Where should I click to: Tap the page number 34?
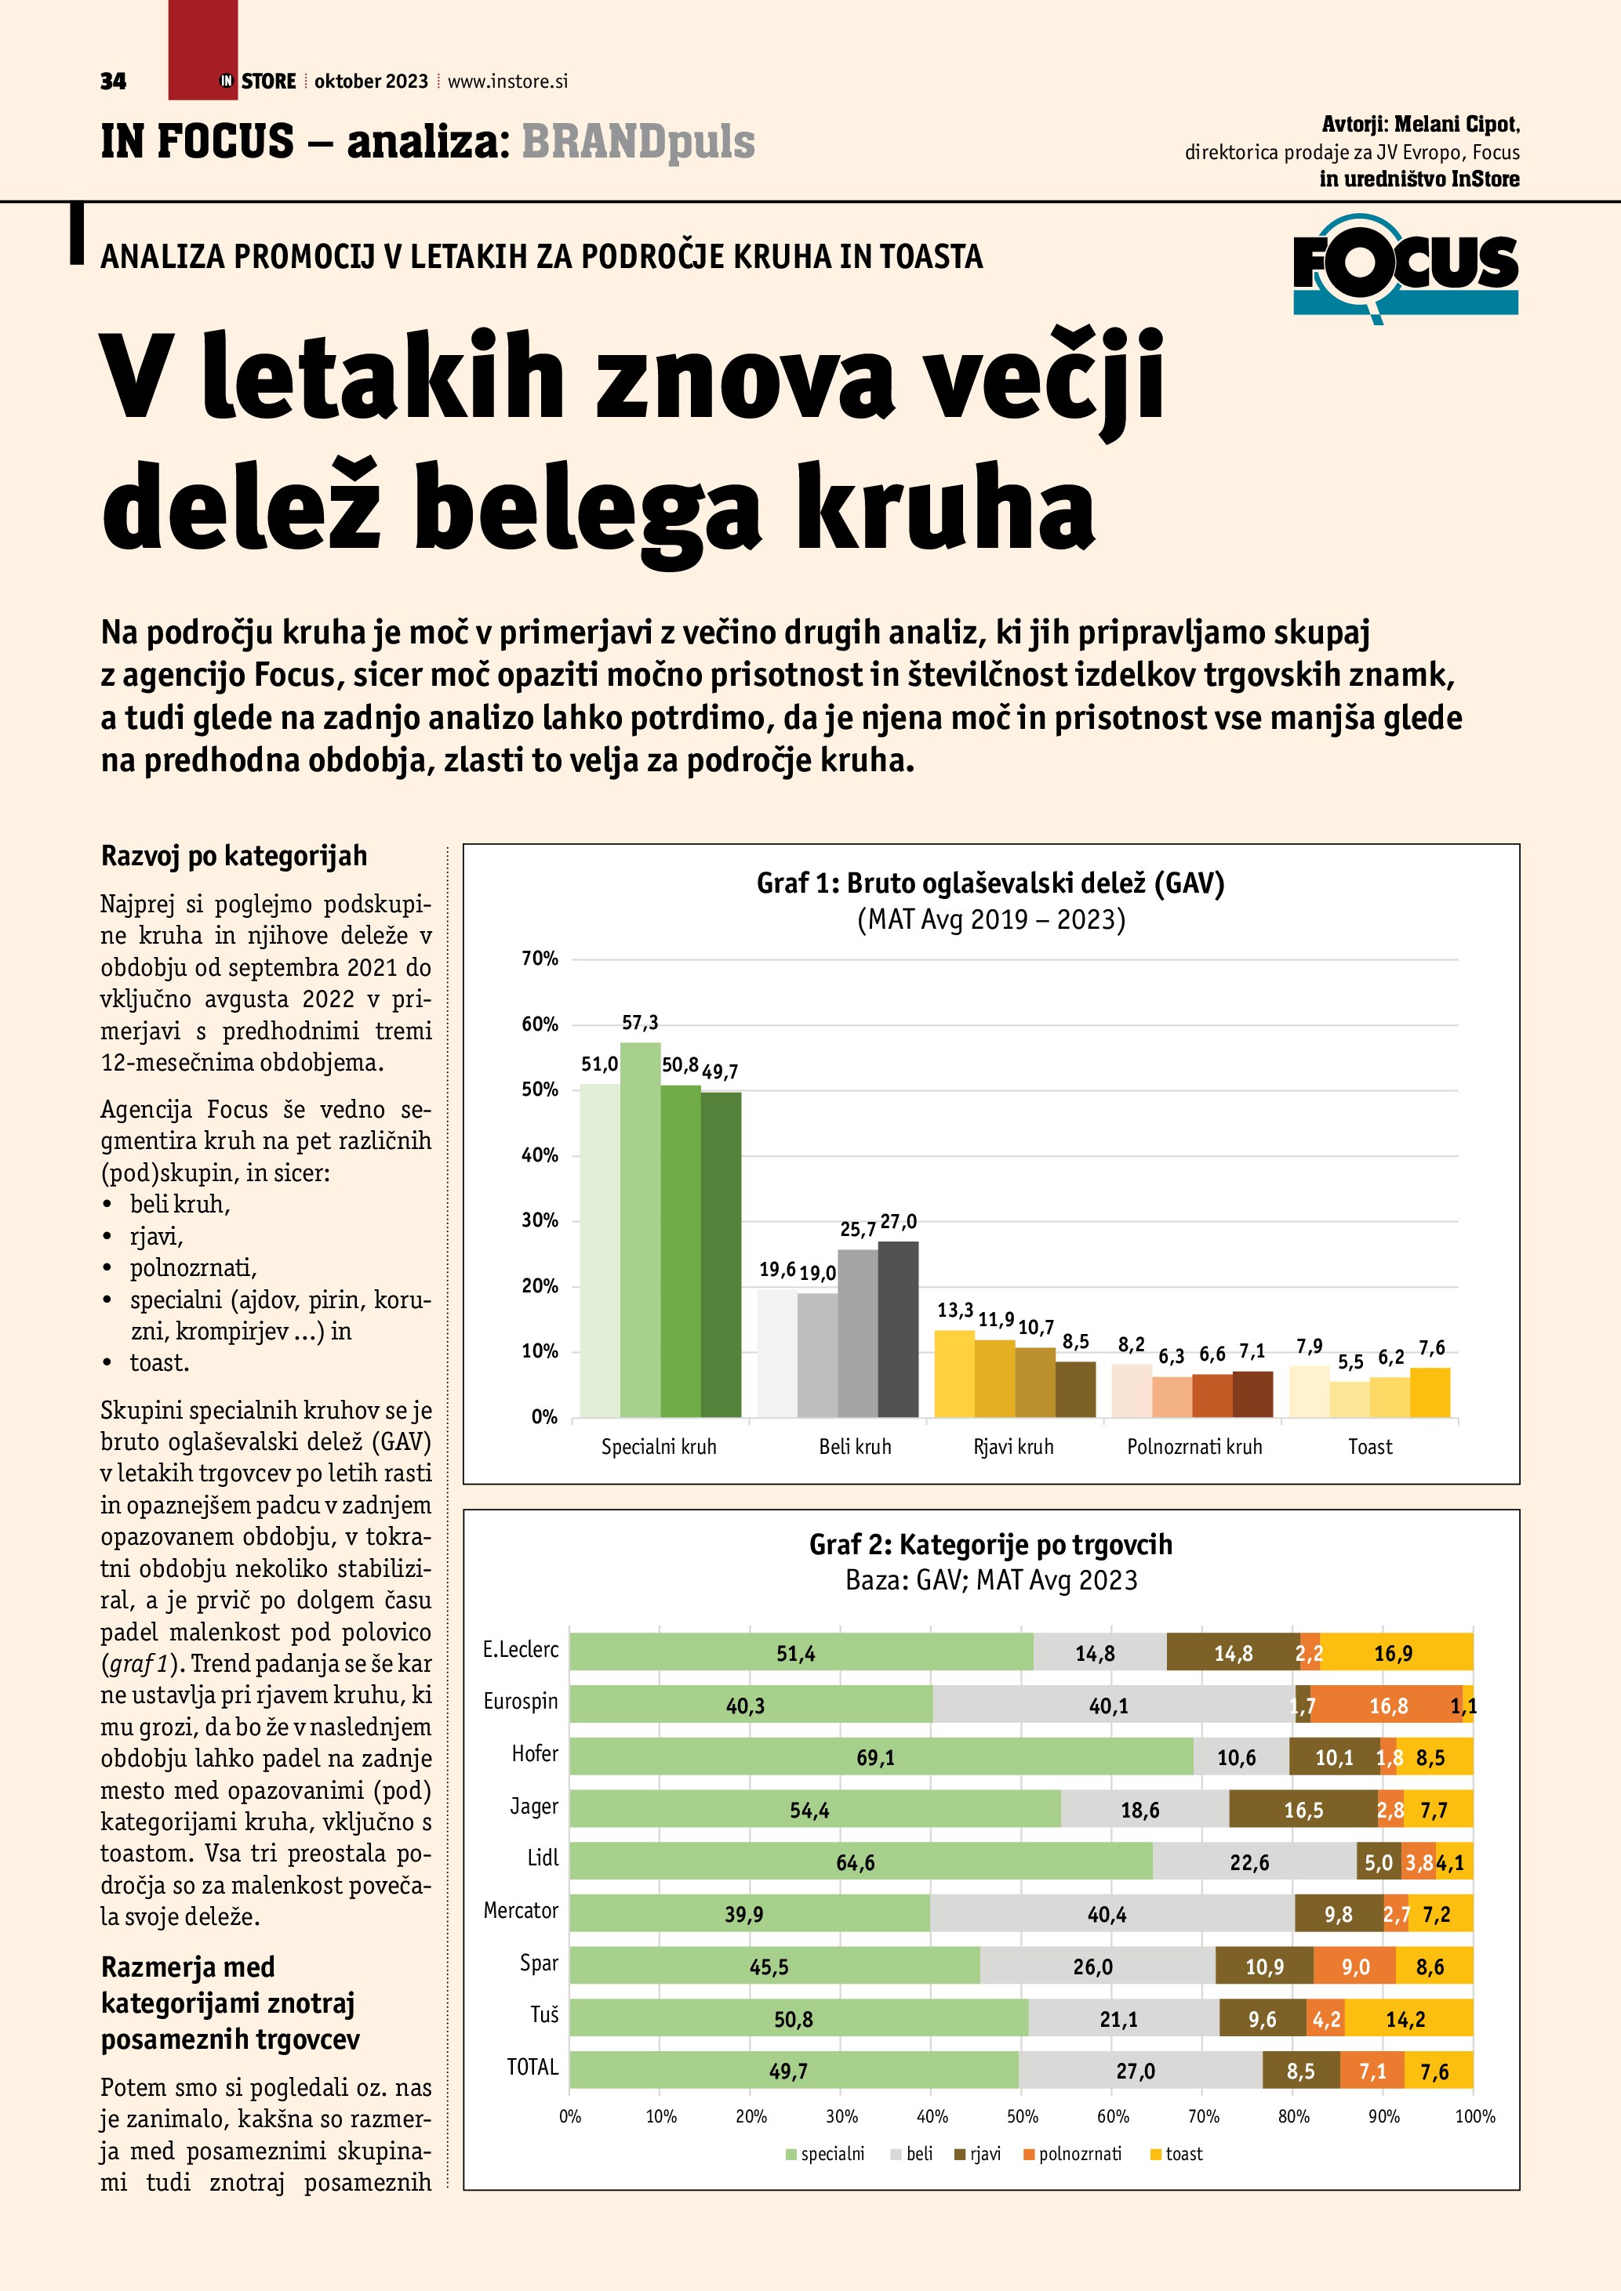pyautogui.click(x=114, y=82)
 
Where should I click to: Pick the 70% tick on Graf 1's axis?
pyautogui.click(x=540, y=959)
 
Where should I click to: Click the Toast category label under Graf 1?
pyautogui.click(x=1369, y=1447)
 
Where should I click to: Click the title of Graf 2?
pyautogui.click(x=990, y=1545)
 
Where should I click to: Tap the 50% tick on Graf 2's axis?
pyautogui.click(x=1022, y=2115)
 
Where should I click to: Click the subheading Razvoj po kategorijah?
pyautogui.click(x=234, y=856)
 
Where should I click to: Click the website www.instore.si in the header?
pyautogui.click(x=507, y=82)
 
